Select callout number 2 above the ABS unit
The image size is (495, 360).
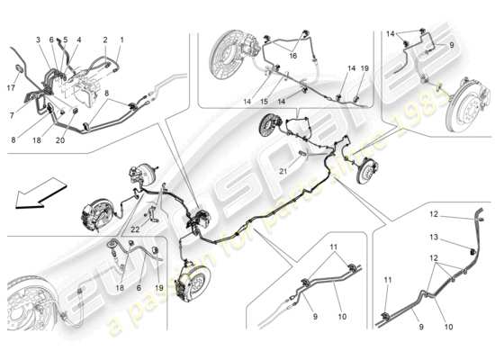click(x=105, y=40)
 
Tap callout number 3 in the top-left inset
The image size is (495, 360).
click(x=38, y=40)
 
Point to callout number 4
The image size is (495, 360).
click(x=80, y=40)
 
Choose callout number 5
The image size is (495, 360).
click(x=65, y=40)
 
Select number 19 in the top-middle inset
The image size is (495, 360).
click(x=364, y=68)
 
